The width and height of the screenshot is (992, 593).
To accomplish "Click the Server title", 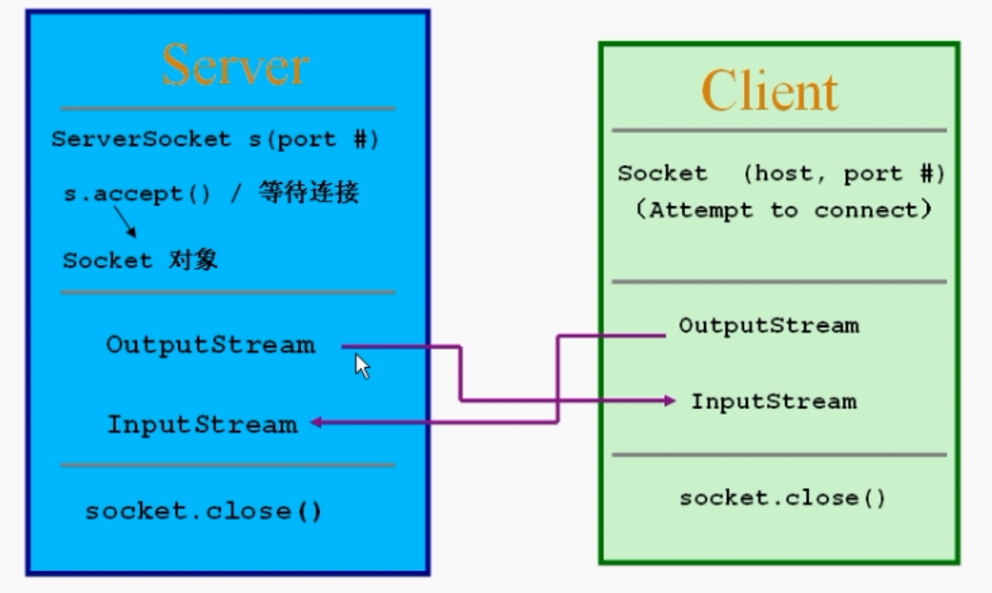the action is pos(235,65).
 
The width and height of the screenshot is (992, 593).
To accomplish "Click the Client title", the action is pos(770,91).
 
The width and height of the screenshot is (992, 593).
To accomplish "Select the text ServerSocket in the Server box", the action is pos(141,139).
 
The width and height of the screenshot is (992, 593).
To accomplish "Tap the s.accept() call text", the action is pos(137,194).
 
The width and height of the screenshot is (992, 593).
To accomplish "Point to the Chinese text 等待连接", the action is pos(309,192).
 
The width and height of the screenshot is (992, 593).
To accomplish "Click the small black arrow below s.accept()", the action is pos(125,222).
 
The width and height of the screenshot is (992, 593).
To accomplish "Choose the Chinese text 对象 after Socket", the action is pos(193,260).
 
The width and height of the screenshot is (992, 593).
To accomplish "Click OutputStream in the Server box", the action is pos(211,345).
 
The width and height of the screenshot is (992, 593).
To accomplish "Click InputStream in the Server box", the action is pos(203,424).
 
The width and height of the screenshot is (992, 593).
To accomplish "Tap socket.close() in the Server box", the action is pos(204,511).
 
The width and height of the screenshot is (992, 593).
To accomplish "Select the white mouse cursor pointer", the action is pos(362,367).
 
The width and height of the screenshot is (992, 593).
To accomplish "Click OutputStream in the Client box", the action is pos(769,326).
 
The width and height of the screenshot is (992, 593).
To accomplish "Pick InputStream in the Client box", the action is pos(774,401).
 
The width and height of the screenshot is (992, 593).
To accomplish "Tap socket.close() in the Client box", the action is pos(782,498).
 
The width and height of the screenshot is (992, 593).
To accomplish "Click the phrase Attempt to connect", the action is pos(791,210).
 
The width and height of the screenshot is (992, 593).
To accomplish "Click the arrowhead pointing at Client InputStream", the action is pos(669,400).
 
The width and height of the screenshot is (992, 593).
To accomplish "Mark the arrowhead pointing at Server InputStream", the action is pos(316,422).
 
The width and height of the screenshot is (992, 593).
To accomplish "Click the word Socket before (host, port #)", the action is pos(662,173).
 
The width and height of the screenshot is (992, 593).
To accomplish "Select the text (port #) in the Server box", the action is pos(323,139).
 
